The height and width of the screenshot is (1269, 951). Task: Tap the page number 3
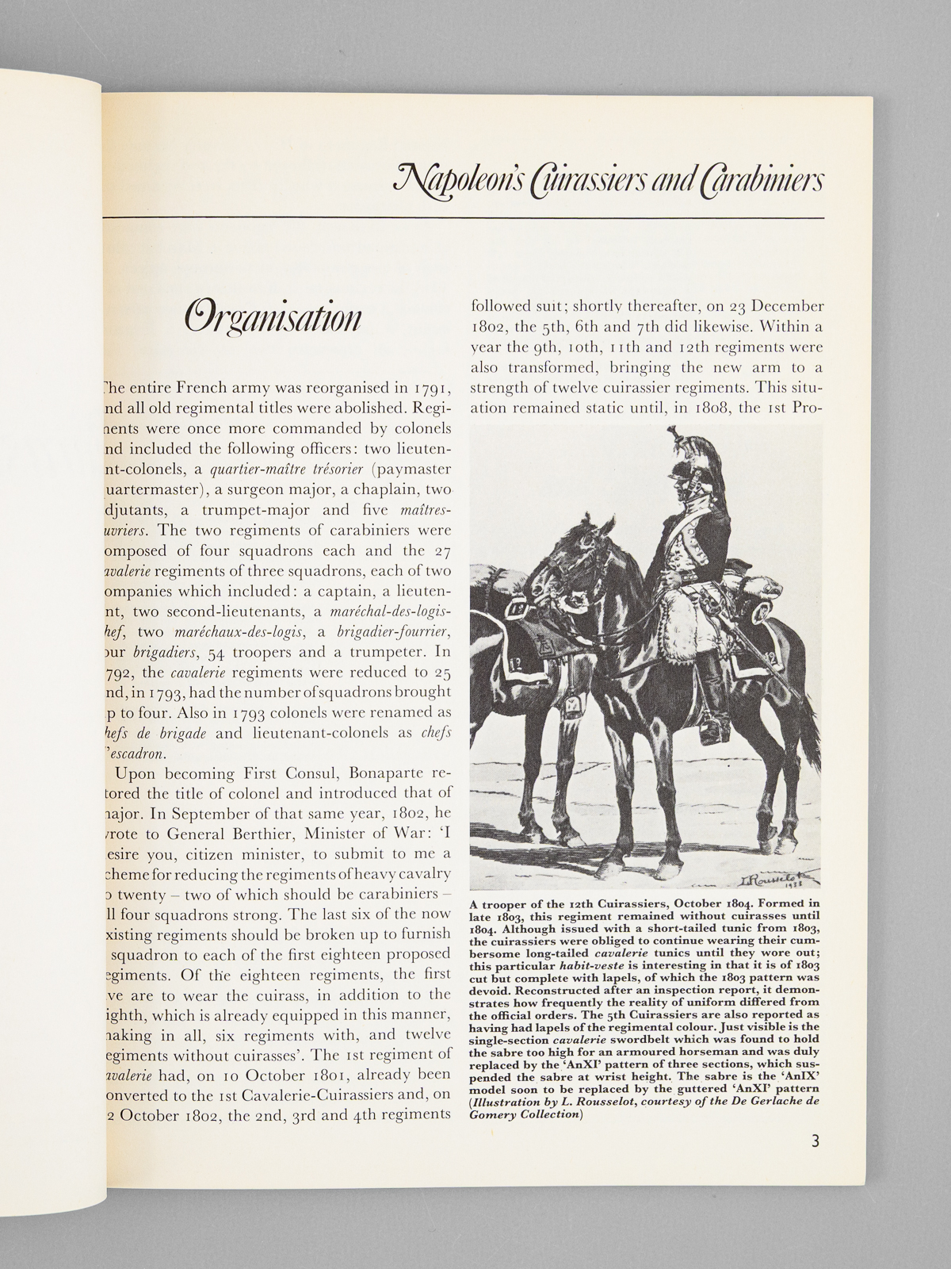pos(815,1143)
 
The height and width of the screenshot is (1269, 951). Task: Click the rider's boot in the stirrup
pos(712,723)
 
